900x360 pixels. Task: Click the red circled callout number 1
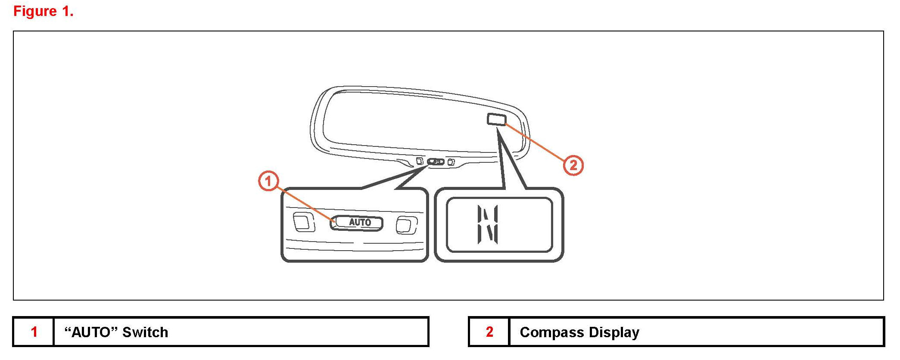pos(268,181)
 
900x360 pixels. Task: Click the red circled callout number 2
pos(573,165)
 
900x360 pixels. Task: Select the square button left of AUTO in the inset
pos(303,222)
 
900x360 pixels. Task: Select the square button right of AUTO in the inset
pos(406,225)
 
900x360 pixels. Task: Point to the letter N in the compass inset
pos(488,224)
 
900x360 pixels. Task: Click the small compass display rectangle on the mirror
pos(496,119)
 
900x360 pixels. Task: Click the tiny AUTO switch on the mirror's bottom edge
pos(436,162)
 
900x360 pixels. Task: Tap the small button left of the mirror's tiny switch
pos(419,161)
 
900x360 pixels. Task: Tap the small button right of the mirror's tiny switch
pos(451,162)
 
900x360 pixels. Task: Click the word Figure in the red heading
pos(35,11)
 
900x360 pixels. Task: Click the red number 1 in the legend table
pos(34,332)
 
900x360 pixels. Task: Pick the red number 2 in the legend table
pos(489,332)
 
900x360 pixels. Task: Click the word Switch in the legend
pos(145,332)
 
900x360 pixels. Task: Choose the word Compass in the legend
pos(552,332)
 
